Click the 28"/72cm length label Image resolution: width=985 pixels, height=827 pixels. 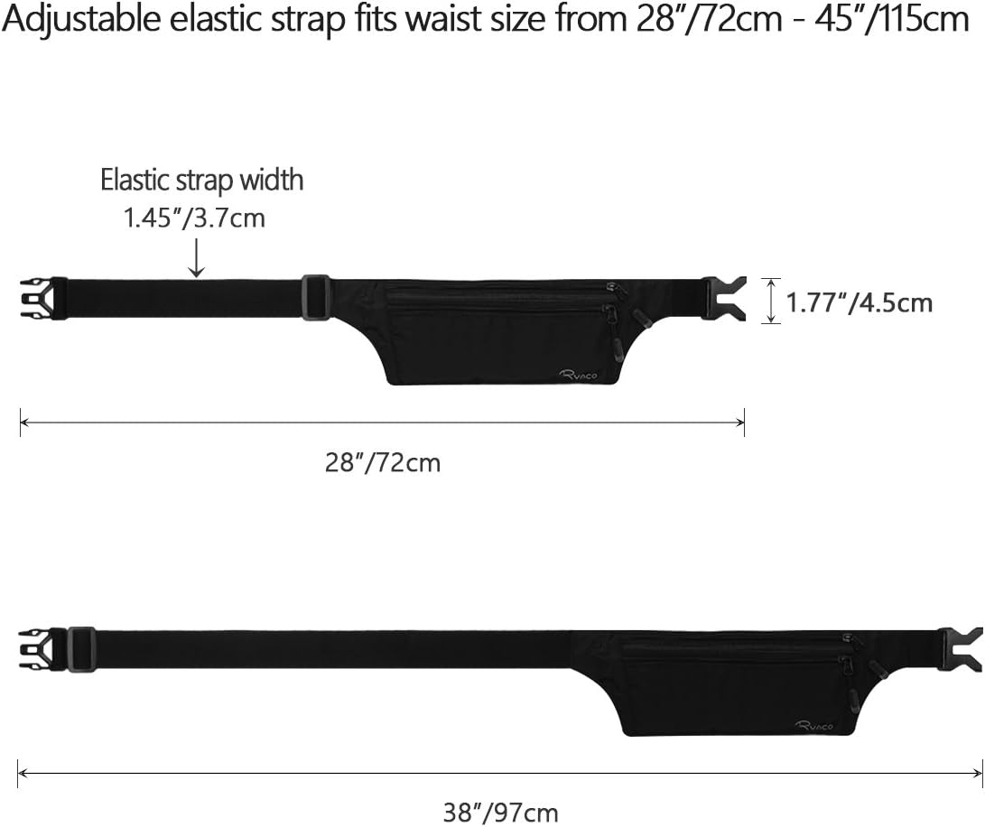[383, 463]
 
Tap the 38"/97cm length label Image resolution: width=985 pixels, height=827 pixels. [500, 812]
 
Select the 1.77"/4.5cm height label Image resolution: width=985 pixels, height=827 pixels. [860, 302]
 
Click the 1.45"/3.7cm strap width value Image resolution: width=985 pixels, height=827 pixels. [194, 218]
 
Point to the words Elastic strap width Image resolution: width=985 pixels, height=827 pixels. [201, 180]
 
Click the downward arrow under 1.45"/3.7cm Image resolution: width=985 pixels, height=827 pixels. [197, 259]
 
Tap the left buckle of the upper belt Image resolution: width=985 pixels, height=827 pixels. [44, 299]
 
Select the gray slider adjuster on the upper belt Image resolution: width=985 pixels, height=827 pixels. [315, 298]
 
